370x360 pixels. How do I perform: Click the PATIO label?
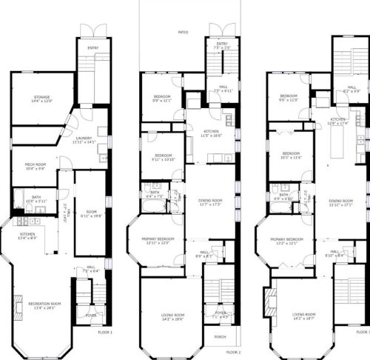tap(182, 33)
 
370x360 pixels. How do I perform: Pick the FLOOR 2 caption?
tap(233, 352)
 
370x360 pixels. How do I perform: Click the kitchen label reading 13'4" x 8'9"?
tap(29, 237)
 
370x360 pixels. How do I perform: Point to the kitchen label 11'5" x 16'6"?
tap(211, 134)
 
